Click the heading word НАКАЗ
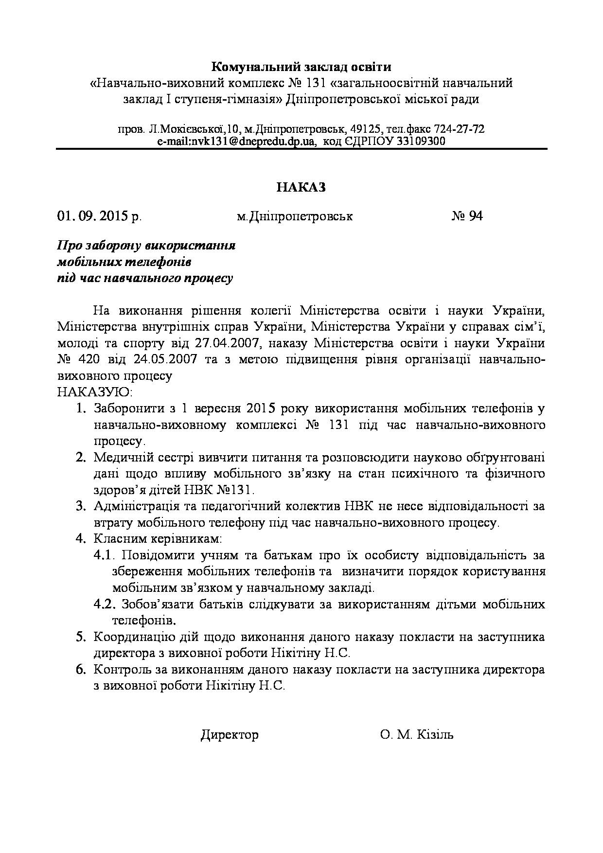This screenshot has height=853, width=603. tap(301, 187)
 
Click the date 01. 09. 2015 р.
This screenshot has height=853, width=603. tap(99, 216)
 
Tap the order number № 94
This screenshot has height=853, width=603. tap(467, 216)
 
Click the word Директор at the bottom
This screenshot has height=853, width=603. tap(230, 734)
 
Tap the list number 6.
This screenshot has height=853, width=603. tap(81, 670)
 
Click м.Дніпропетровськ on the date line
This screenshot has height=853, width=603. tap(295, 216)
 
